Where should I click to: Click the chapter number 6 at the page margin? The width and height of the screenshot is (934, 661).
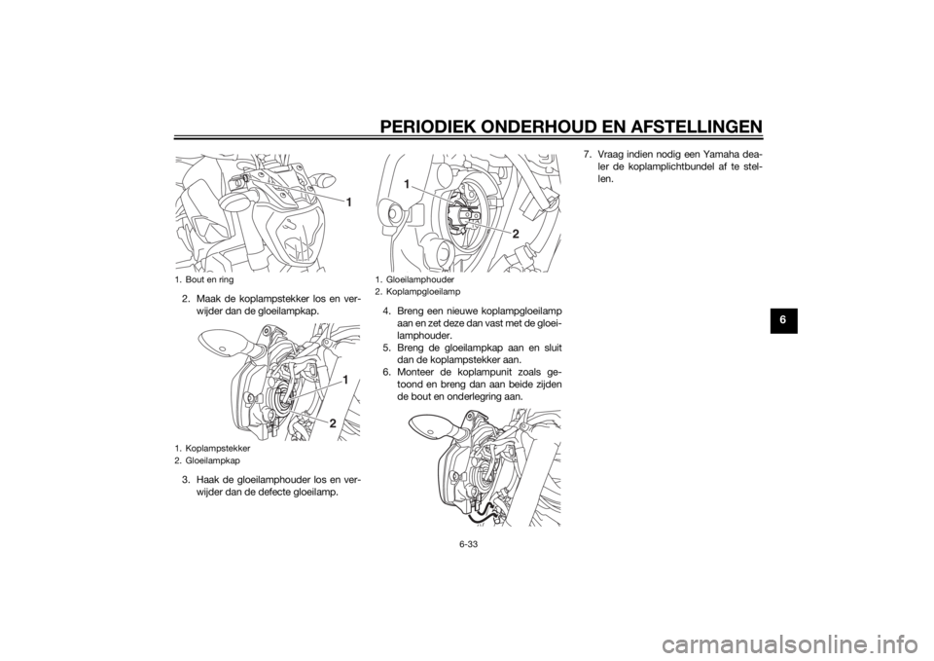[783, 320]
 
